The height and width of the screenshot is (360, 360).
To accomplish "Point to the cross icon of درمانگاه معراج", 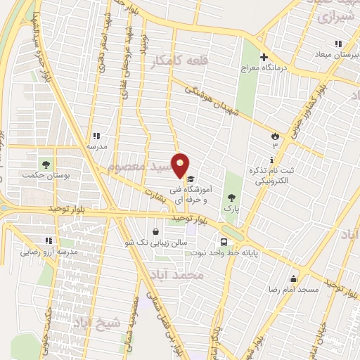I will pyautogui.click(x=264, y=58).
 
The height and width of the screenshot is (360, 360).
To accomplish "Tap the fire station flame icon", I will pyautogui.click(x=275, y=135).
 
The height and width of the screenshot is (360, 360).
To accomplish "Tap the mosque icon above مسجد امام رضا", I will pyautogui.click(x=292, y=278).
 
